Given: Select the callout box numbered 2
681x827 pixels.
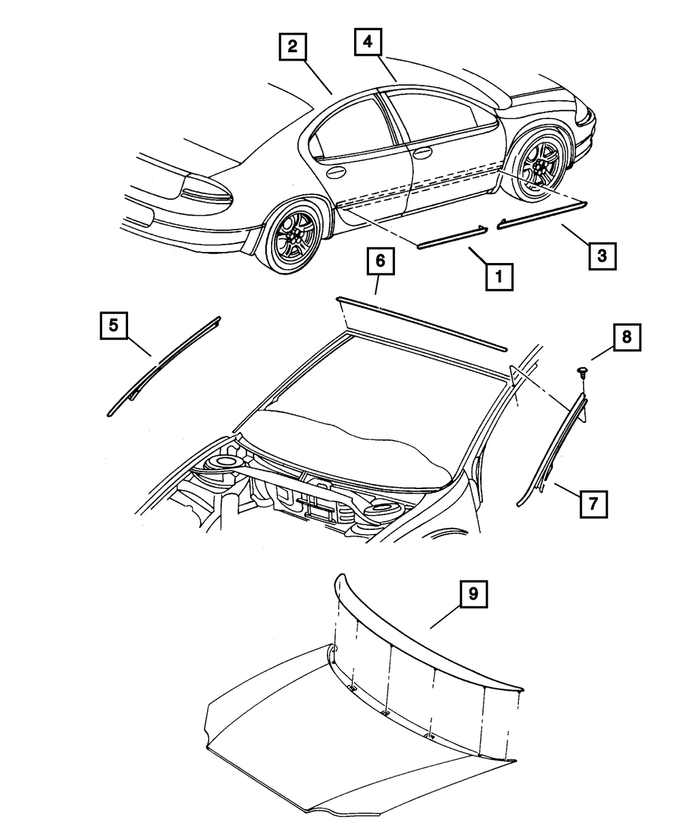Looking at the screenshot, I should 292,47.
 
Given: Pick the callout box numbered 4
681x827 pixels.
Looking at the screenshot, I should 368,42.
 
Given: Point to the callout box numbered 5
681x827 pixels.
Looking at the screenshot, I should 114,325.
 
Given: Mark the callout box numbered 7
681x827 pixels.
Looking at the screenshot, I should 592,505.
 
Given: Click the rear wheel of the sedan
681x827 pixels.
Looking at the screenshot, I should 295,233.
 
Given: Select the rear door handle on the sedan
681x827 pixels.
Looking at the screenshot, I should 336,174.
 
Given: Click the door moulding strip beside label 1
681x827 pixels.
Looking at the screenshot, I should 452,237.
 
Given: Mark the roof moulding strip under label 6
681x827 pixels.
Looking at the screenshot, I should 422,324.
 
